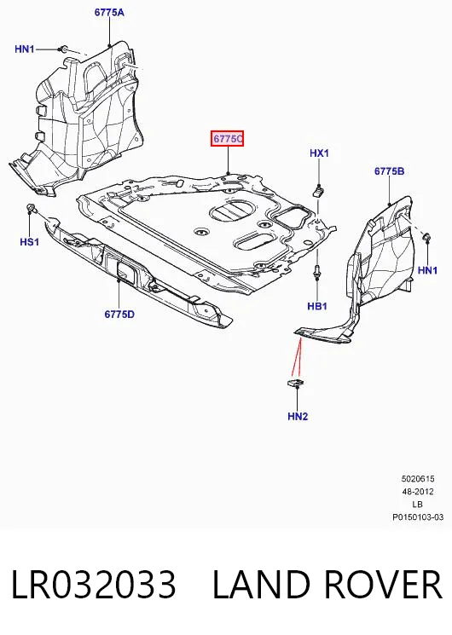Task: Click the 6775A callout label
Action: point(109,13)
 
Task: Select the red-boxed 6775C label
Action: point(227,139)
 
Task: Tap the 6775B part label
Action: point(389,171)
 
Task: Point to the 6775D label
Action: point(119,315)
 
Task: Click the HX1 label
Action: point(320,153)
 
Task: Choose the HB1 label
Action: point(317,306)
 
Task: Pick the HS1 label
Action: point(30,242)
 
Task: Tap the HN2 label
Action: point(298,416)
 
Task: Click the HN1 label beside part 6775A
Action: point(25,49)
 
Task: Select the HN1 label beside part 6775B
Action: point(427,269)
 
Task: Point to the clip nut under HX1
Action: point(319,190)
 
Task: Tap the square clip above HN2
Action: point(296,383)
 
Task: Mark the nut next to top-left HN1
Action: point(63,49)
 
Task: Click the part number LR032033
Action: point(94,584)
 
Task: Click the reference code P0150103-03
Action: point(418,517)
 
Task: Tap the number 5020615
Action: point(418,479)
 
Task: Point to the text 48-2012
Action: point(418,492)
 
